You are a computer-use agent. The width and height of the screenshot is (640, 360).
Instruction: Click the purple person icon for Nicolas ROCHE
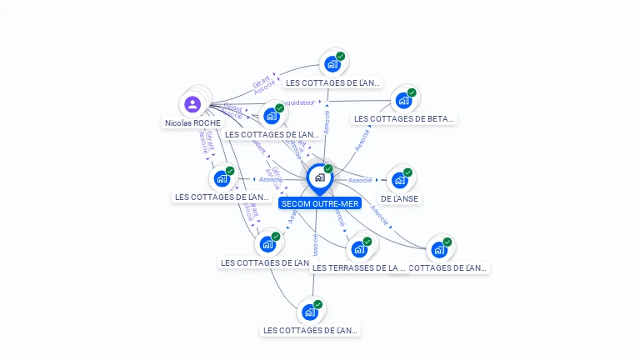(192, 104)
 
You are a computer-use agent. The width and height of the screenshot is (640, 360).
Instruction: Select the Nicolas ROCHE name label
(192, 122)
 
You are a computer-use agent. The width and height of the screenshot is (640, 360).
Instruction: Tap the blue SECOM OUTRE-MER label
(320, 203)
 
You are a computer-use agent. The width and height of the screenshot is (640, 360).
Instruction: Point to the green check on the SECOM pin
(328, 169)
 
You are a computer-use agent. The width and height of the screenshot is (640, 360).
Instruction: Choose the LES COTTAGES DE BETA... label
(404, 118)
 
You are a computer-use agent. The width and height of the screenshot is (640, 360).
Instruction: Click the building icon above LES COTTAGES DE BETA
(403, 101)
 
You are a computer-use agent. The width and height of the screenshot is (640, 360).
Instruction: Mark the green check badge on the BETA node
(412, 92)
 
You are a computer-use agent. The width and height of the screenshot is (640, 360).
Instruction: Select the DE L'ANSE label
(399, 198)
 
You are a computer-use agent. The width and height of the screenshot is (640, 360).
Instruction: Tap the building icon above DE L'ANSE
(400, 180)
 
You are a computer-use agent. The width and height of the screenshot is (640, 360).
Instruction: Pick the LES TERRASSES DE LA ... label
(358, 267)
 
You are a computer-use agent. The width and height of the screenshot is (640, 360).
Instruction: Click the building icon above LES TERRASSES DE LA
(359, 248)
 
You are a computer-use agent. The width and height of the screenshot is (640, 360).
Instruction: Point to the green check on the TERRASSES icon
(367, 241)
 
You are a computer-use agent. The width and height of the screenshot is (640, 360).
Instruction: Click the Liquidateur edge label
(297, 102)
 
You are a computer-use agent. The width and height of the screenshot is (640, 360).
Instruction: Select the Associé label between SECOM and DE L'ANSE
(360, 180)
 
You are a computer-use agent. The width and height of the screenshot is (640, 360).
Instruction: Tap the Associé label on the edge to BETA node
(362, 139)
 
